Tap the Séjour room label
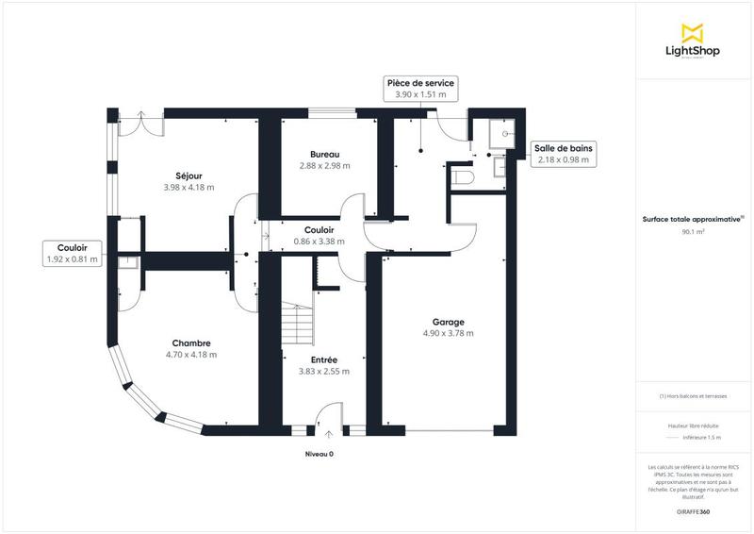[x=188, y=175]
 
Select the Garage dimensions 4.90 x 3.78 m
[x=448, y=333]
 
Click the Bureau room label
[x=324, y=154]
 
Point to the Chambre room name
[x=190, y=342]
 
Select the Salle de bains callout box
[x=563, y=154]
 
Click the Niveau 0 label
[x=319, y=454]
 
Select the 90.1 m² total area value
[x=693, y=228]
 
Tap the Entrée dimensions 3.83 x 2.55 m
[x=324, y=372]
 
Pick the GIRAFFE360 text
[x=693, y=510]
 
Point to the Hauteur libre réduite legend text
[x=693, y=426]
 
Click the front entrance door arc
[x=327, y=416]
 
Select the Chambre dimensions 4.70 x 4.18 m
[x=190, y=355]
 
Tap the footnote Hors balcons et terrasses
[x=693, y=396]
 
